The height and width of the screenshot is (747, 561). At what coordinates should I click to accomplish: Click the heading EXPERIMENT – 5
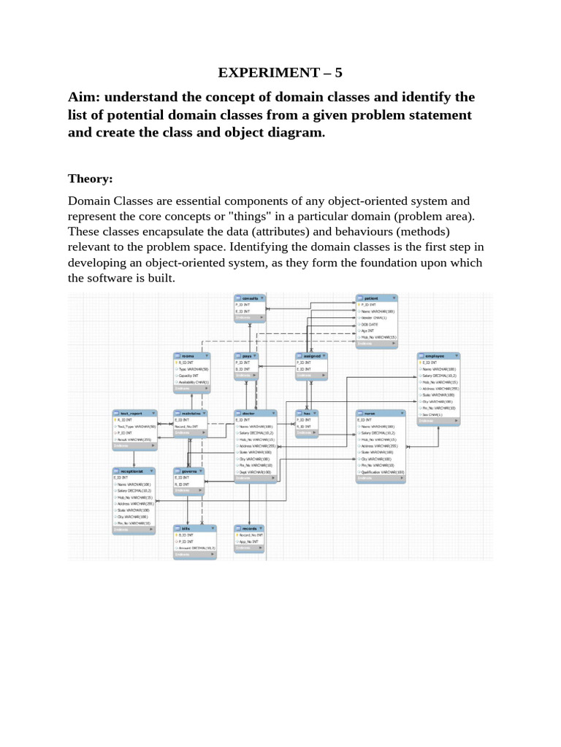pos(280,72)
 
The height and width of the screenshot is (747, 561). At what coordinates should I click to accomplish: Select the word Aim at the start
pos(83,97)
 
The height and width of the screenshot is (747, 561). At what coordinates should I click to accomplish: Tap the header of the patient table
pos(377,298)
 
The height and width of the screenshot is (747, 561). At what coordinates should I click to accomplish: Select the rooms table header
pos(192,355)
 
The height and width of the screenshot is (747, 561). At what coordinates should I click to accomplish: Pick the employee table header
pos(438,355)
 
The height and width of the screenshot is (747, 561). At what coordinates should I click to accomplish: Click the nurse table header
pos(380,413)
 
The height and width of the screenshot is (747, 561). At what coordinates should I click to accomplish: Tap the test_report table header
pos(133,413)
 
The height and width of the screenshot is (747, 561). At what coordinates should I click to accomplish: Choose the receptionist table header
pos(133,471)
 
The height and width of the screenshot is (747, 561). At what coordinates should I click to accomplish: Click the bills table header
pos(194,527)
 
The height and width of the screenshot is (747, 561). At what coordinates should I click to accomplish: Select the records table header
pos(250,527)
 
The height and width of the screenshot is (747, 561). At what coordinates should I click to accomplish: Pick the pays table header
pos(250,355)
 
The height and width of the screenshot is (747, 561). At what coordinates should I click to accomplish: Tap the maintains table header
pos(192,413)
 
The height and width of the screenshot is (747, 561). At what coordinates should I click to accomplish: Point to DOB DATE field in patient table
pos(371,325)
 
